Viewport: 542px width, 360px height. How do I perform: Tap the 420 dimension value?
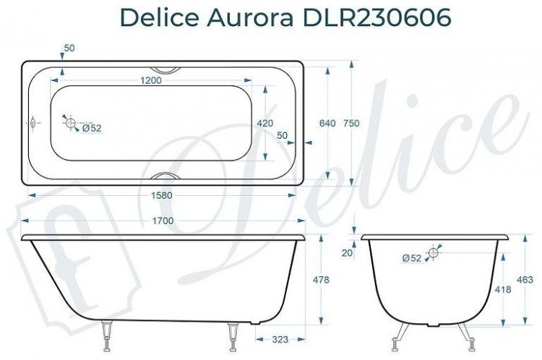264,124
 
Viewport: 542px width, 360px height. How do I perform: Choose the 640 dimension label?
327,124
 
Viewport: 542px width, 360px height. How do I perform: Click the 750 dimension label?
351,124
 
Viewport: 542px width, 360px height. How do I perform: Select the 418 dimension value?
503,289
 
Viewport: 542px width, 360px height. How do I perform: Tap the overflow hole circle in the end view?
434,253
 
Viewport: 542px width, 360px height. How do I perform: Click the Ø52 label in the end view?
411,258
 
